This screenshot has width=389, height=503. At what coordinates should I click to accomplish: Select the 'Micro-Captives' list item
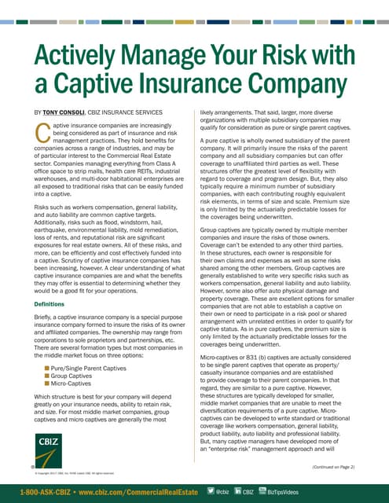tap(75, 385)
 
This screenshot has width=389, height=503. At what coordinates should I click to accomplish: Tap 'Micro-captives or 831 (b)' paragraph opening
tap(235, 334)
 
